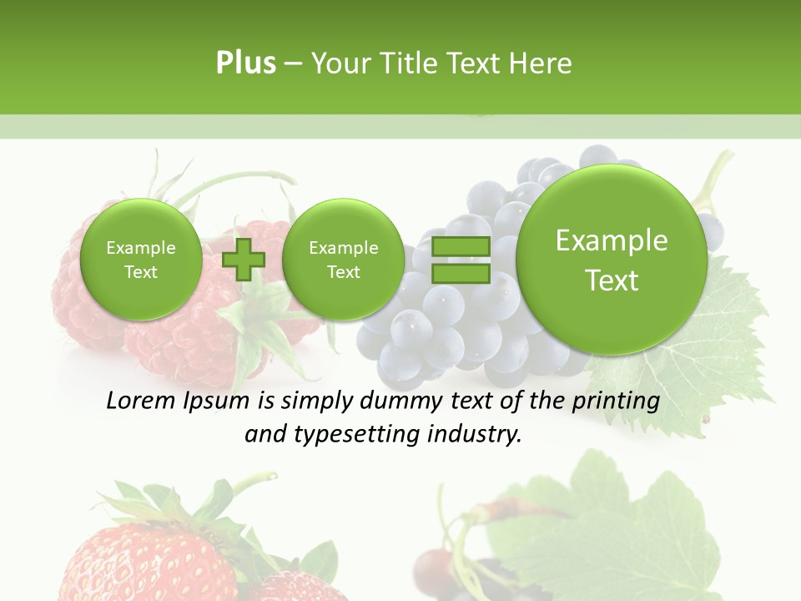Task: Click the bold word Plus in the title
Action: pyautogui.click(x=245, y=63)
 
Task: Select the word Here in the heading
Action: pyautogui.click(x=542, y=63)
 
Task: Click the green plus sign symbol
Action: pyautogui.click(x=243, y=260)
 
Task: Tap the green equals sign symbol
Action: pyautogui.click(x=460, y=260)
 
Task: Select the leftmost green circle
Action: pyautogui.click(x=140, y=259)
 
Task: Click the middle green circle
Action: pyautogui.click(x=343, y=259)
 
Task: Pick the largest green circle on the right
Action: pyautogui.click(x=612, y=259)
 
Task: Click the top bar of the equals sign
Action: pyautogui.click(x=460, y=246)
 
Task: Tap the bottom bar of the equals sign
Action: pyautogui.click(x=460, y=273)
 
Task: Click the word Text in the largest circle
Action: pyautogui.click(x=612, y=280)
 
